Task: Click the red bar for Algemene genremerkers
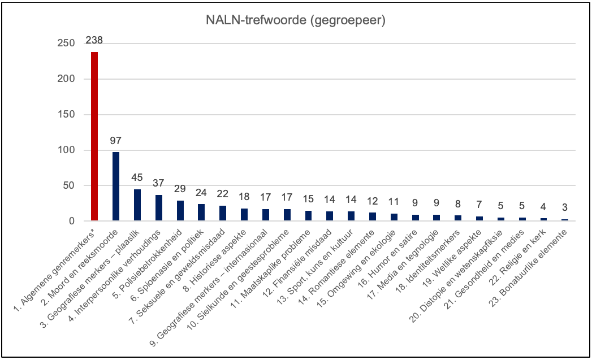[94, 136]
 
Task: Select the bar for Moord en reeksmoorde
[116, 186]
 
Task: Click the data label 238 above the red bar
[94, 41]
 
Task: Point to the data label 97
[116, 141]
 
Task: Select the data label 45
[137, 178]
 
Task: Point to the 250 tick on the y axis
[67, 44]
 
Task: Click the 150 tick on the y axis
[67, 115]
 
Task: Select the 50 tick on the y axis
[70, 186]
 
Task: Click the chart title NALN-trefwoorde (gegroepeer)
[296, 21]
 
